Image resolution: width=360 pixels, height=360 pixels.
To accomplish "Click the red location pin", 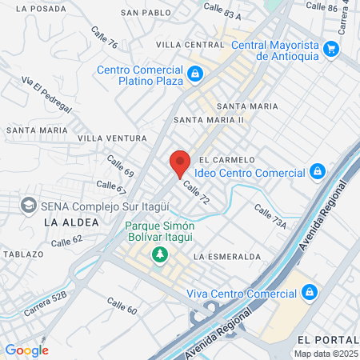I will pos(179,163).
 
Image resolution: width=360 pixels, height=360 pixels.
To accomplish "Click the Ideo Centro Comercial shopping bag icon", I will pos(318,172).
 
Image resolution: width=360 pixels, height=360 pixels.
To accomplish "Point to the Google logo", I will pos(26,350).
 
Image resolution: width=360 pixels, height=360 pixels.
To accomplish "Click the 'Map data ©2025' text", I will pos(325,354).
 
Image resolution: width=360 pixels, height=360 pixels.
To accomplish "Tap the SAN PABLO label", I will pos(146,13).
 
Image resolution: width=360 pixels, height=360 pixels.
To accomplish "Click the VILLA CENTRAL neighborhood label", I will pos(190,44).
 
